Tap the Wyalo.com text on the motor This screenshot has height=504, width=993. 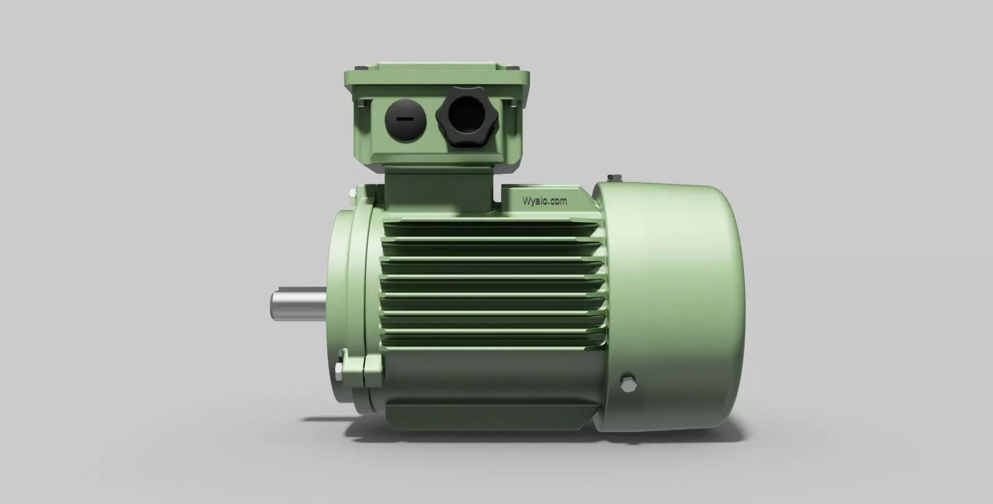544,201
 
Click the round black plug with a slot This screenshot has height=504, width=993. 405,120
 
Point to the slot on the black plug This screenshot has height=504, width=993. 405,119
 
